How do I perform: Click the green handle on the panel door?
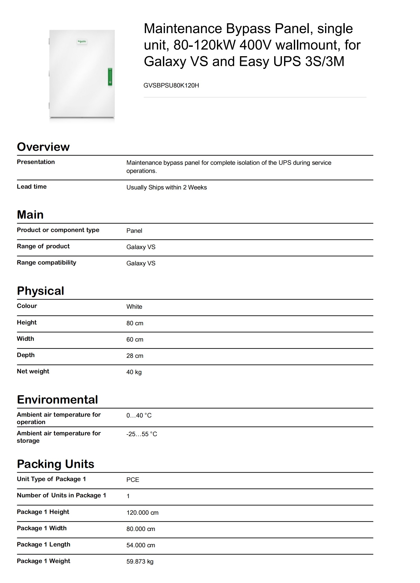pyautogui.click(x=110, y=76)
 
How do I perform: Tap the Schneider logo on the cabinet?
pyautogui.click(x=82, y=42)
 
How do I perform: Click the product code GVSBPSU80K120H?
pyautogui.click(x=171, y=85)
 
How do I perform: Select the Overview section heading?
pyautogui.click(x=43, y=147)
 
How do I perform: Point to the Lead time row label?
pyautogui.click(x=32, y=187)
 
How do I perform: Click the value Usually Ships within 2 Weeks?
pyautogui.click(x=166, y=187)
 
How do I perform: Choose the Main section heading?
pyautogui.click(x=30, y=215)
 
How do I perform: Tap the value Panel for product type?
pyautogui.click(x=134, y=231)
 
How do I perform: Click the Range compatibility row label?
pyautogui.click(x=46, y=262)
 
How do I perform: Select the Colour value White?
pyautogui.click(x=134, y=307)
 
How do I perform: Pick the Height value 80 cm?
pyautogui.click(x=135, y=323)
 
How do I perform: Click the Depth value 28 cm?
pyautogui.click(x=135, y=356)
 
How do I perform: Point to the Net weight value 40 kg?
pyautogui.click(x=134, y=372)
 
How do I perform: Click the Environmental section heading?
pyautogui.click(x=57, y=400)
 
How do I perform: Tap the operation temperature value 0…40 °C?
pyautogui.click(x=139, y=415)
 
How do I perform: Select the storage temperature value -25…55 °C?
pyautogui.click(x=141, y=434)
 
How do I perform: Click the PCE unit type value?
pyautogui.click(x=132, y=480)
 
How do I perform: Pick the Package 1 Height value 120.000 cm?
pyautogui.click(x=142, y=513)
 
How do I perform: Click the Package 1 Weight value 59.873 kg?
pyautogui.click(x=140, y=561)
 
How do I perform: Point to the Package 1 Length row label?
pyautogui.click(x=44, y=544)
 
